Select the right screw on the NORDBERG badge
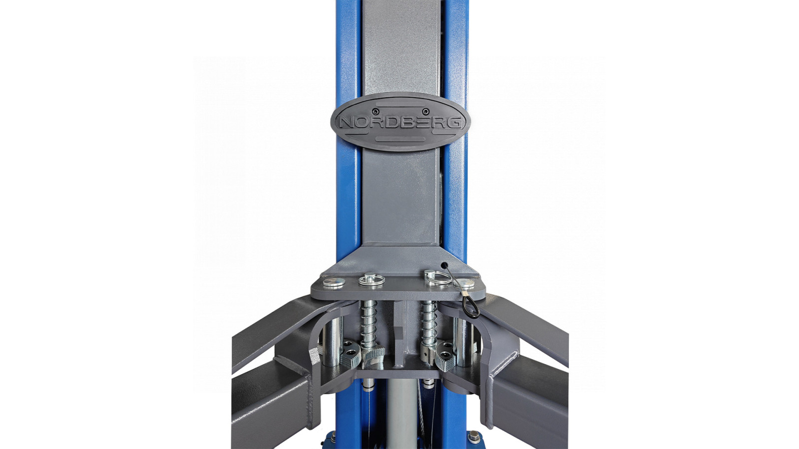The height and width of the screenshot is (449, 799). point(425,112)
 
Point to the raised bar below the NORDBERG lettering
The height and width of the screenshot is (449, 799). point(399,138)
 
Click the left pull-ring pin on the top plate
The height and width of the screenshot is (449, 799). point(372,279)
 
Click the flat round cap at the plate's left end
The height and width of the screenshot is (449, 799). point(334,282)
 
